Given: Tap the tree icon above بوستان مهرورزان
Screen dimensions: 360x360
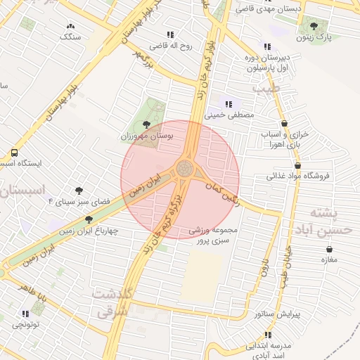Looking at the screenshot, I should pos(146,124).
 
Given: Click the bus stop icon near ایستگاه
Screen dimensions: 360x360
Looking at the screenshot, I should pos(15,152).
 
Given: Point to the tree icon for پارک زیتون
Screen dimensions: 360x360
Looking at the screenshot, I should pos(314,26).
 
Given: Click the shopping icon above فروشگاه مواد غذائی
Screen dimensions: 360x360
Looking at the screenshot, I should pos(298,166).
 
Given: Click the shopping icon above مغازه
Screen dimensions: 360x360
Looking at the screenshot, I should pos(328,250).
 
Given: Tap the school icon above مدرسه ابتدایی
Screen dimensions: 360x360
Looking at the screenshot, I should pos(268,335).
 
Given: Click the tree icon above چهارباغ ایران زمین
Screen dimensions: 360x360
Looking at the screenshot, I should pos(89,219).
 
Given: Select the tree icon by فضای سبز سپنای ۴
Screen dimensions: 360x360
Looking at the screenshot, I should pos(79,191).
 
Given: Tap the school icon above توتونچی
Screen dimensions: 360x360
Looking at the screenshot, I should pos(25,314).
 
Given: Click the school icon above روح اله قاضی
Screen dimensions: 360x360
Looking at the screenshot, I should pos(170,34).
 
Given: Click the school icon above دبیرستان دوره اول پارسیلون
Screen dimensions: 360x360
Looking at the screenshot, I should pos(266,47).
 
